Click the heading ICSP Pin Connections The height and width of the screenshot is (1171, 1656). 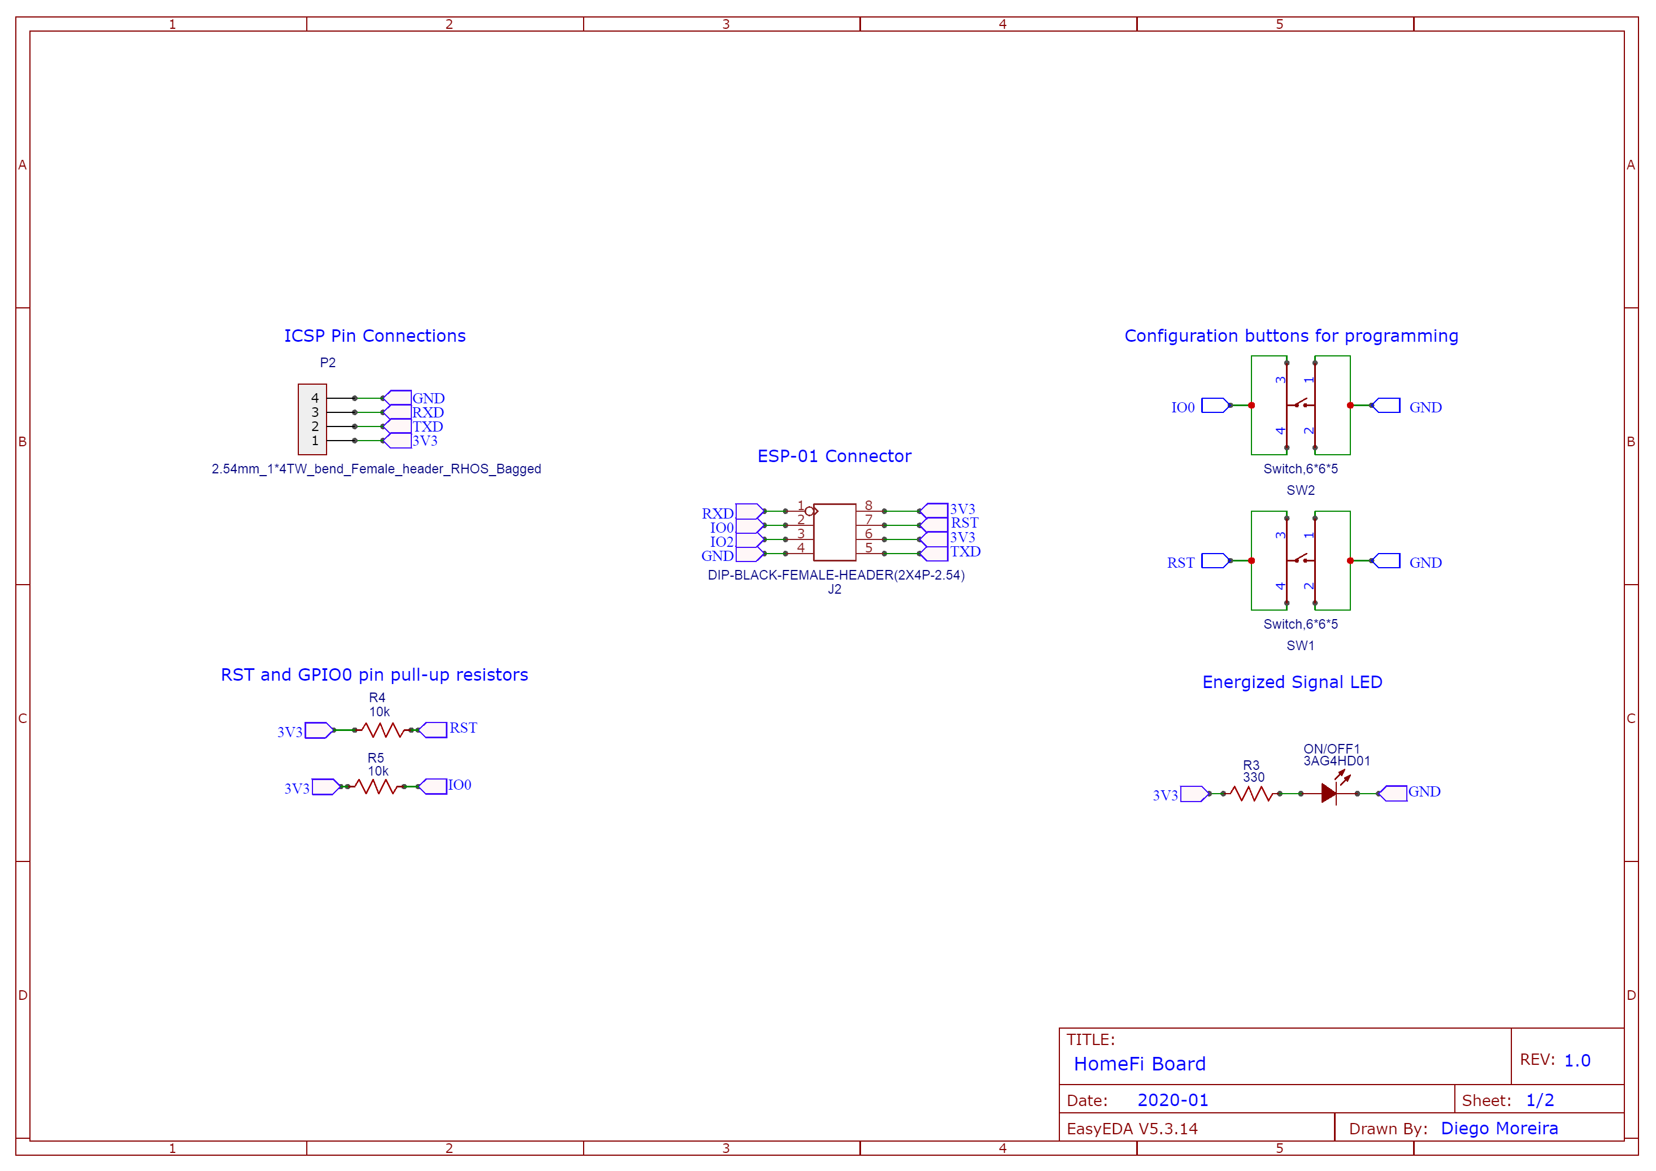click(375, 336)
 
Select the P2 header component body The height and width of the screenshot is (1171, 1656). click(312, 419)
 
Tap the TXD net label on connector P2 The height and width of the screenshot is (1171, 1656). click(427, 426)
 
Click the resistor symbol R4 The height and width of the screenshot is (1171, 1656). click(383, 730)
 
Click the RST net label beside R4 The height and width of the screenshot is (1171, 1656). click(463, 728)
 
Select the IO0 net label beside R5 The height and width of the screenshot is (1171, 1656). click(459, 785)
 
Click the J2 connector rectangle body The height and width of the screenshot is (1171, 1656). click(834, 532)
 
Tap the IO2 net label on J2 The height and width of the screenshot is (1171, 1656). click(721, 542)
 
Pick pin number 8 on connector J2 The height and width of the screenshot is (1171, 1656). click(868, 506)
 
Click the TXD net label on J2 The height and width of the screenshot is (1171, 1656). click(965, 552)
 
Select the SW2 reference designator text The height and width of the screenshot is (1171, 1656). click(1301, 490)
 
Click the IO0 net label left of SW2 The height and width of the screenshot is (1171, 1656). click(1183, 407)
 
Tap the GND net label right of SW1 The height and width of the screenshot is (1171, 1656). click(1425, 563)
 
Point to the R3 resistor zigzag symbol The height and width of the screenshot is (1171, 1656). click(1251, 794)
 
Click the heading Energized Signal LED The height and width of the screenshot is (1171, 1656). click(1292, 682)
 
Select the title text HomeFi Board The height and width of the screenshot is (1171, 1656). click(1140, 1064)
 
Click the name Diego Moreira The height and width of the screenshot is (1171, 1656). click(1499, 1129)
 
